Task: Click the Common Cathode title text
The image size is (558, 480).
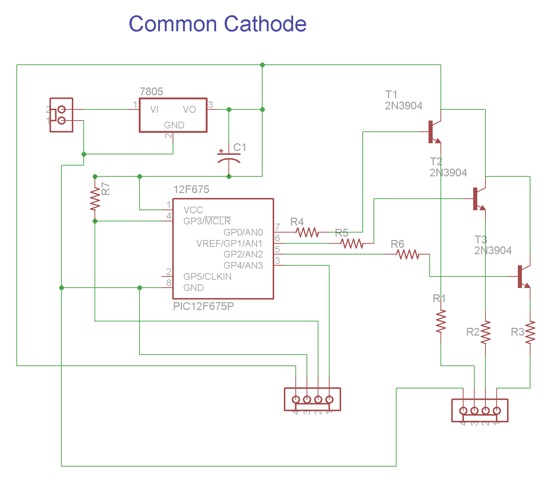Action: pos(218,24)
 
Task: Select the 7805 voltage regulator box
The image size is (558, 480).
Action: pos(173,115)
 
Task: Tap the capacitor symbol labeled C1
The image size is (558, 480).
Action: pos(229,157)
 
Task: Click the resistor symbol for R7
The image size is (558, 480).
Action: pos(95,199)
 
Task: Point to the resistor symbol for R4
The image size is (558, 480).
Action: pos(307,233)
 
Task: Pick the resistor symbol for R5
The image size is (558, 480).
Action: pos(352,244)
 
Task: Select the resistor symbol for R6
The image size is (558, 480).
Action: pos(408,255)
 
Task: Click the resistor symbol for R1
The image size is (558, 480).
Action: pos(441,321)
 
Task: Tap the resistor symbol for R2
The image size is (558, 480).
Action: pos(485,333)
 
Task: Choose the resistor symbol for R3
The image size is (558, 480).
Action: pos(530,333)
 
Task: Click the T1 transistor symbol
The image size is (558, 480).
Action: pos(434,132)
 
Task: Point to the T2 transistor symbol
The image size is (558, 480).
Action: pos(478,199)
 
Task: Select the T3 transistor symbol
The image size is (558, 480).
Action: pos(523,277)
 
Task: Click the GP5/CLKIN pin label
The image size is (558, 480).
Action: pos(207,277)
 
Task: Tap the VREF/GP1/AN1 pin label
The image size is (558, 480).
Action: pos(229,244)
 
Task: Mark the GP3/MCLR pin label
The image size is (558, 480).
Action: pos(207,221)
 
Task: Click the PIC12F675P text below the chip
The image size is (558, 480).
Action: pos(203,306)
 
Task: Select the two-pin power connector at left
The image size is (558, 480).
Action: pos(61,115)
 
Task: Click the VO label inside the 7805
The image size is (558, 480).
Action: pos(189,110)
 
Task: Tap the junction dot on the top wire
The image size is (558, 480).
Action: pos(262,65)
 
